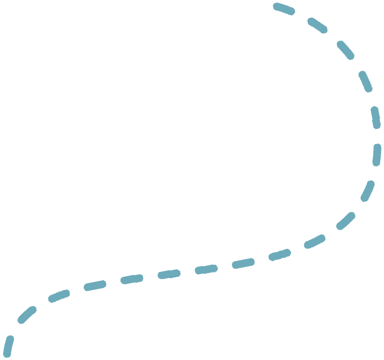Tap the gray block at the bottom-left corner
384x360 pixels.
2,348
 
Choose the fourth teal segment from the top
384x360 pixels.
375,117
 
